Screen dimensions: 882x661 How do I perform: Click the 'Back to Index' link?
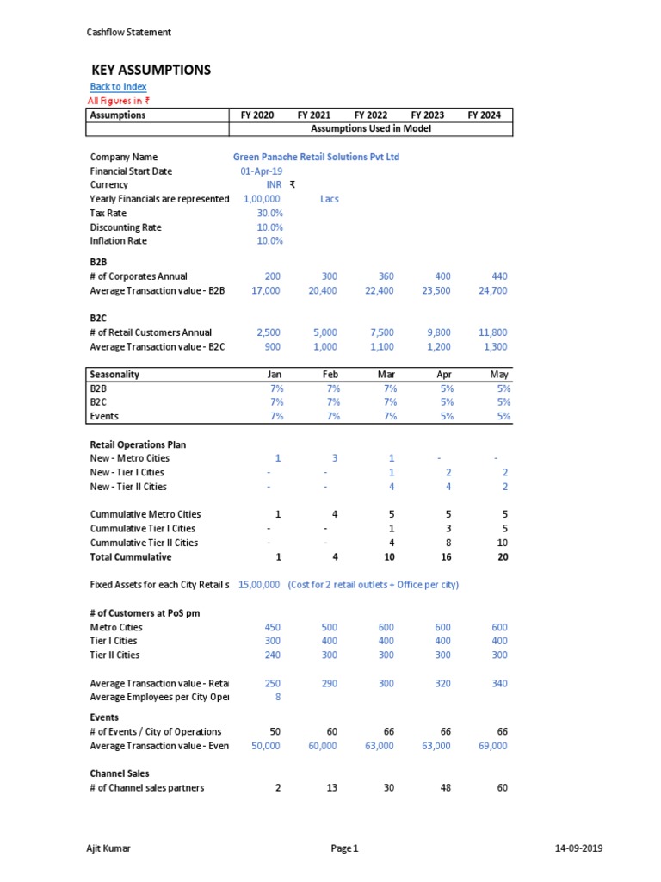click(118, 87)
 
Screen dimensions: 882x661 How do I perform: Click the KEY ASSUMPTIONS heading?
click(151, 70)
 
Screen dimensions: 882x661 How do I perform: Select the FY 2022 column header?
click(371, 115)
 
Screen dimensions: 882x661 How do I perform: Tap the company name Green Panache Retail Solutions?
click(316, 158)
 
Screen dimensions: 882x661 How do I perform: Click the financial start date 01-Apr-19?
click(262, 171)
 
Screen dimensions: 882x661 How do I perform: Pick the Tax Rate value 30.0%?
click(269, 213)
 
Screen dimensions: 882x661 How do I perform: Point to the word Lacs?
click(329, 199)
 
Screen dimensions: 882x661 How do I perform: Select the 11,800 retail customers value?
click(492, 332)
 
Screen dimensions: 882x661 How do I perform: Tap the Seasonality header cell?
click(115, 375)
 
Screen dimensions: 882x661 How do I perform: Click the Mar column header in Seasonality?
click(386, 375)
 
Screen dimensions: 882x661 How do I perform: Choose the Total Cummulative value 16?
click(446, 556)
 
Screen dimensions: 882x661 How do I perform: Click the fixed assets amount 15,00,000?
click(258, 585)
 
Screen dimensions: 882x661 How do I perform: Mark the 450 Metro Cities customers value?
click(272, 627)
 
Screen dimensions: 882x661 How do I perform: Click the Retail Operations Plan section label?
click(138, 444)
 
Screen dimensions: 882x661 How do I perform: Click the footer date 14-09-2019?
click(578, 848)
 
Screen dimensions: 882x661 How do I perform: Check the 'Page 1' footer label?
click(344, 848)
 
